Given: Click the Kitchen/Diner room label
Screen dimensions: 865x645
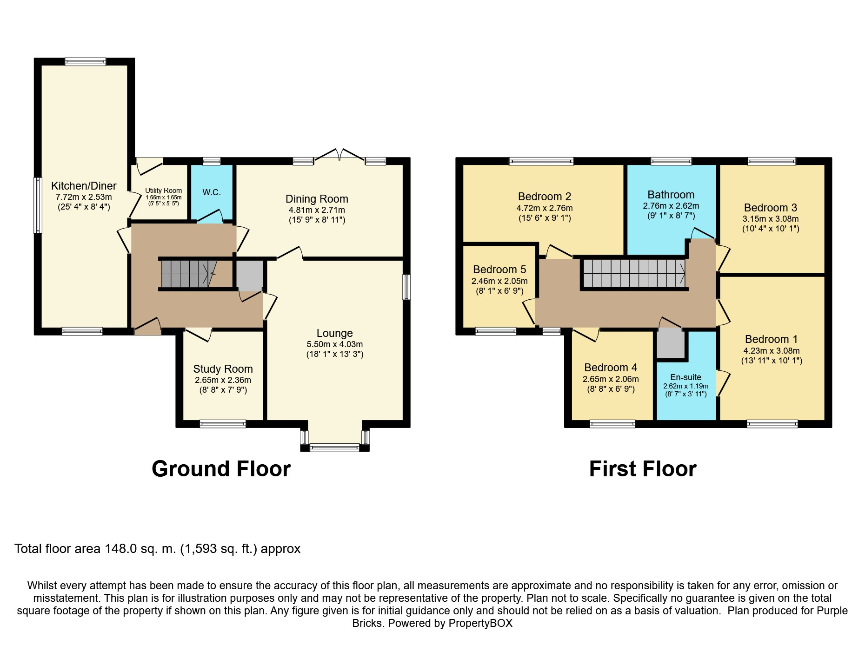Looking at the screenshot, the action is point(84,186).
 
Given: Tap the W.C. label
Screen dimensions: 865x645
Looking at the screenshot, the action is point(212,192).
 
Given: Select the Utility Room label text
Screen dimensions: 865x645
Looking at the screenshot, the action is point(163,191).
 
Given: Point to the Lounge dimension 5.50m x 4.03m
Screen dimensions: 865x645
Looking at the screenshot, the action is point(335,344).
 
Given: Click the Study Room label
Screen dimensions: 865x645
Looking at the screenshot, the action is point(223,369).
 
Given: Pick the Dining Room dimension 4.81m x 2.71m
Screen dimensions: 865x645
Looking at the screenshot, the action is point(317,210).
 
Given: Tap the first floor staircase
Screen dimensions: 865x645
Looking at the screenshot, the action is point(634,273).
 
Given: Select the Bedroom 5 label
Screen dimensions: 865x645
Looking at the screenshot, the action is point(499,270).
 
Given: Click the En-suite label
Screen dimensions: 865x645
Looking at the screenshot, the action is point(686,377).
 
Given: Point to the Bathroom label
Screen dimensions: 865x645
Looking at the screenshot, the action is point(671,195).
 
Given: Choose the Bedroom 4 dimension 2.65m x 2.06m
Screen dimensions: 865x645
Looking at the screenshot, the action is point(611,379).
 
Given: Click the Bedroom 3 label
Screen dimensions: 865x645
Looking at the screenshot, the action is point(771,208).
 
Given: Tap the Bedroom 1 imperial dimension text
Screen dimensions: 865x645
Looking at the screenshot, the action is point(772,361).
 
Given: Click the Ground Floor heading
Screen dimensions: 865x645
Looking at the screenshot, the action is point(221,469).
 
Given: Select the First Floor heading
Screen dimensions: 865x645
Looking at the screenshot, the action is point(643,469).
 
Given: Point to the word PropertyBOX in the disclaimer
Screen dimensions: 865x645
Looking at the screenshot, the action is point(480,623).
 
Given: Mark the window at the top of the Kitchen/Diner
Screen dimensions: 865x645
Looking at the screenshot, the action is point(85,61).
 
